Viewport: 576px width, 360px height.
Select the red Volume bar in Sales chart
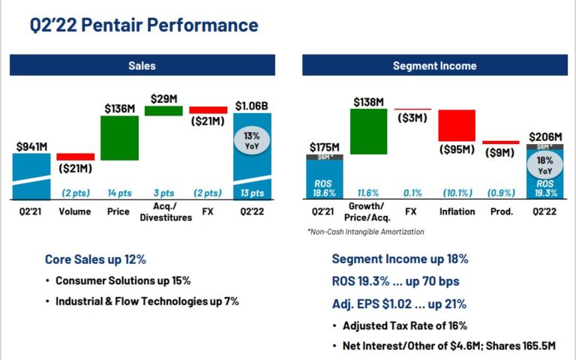tap(76, 157)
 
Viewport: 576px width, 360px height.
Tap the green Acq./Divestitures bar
tap(163, 110)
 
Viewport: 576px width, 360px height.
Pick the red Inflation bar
tap(457, 125)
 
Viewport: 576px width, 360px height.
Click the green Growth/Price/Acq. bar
tap(368, 131)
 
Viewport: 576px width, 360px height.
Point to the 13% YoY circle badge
tap(251, 139)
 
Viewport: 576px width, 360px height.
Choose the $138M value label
tap(368, 100)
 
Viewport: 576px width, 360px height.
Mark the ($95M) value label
tap(457, 150)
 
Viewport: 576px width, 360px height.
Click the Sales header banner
tap(142, 66)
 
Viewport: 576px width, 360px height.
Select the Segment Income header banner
tap(434, 66)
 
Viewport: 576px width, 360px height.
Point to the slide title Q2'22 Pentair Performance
tap(144, 25)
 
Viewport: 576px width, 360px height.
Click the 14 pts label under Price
tap(119, 193)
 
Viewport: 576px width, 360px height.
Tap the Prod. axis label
tap(501, 211)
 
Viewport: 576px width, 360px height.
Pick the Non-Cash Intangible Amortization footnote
tap(365, 232)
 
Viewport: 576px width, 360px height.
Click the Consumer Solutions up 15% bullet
tap(123, 280)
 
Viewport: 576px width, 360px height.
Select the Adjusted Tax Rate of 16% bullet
tap(405, 325)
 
